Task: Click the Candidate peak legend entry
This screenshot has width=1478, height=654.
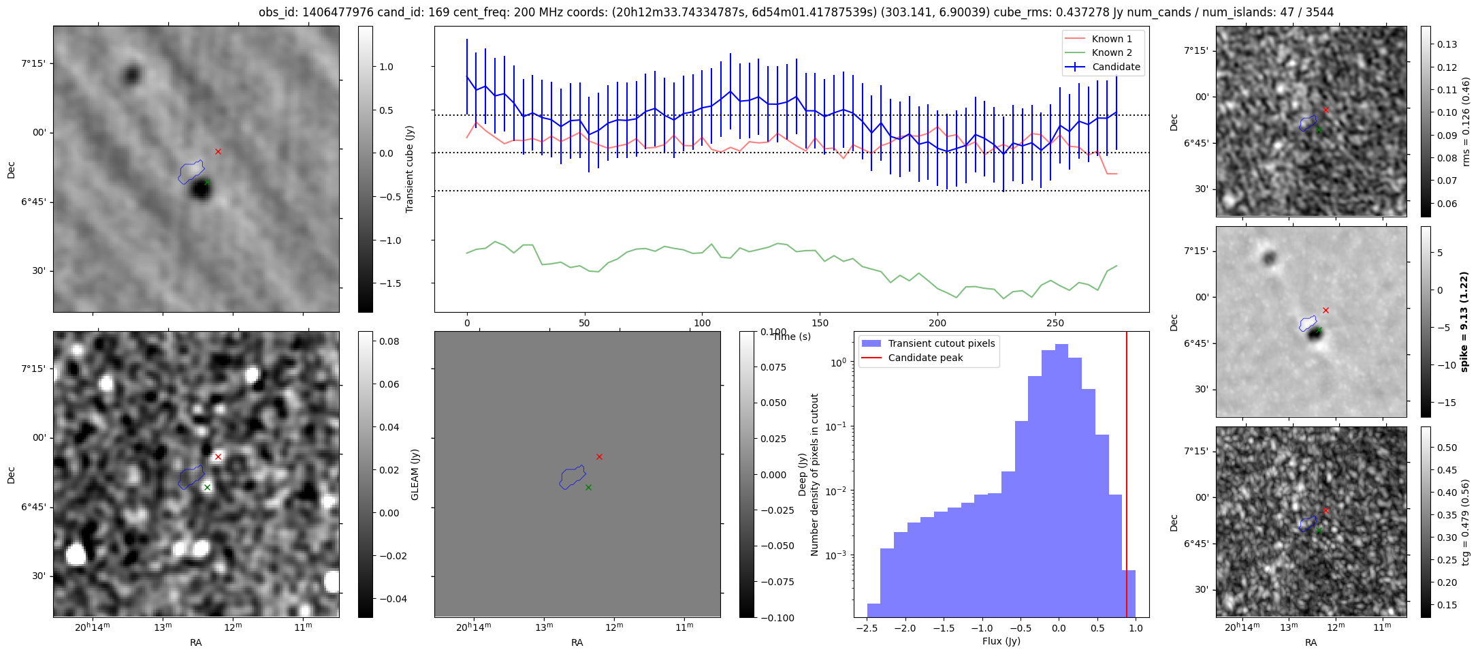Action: pyautogui.click(x=925, y=358)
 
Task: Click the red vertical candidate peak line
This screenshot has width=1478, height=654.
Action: pyautogui.click(x=1127, y=477)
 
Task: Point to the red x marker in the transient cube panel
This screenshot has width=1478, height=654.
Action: pyautogui.click(x=218, y=151)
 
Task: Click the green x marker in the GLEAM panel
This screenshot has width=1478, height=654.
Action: pyautogui.click(x=207, y=487)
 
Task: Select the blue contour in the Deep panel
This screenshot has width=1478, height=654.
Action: pyautogui.click(x=573, y=477)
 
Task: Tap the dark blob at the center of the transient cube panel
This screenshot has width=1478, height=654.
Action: pyautogui.click(x=200, y=189)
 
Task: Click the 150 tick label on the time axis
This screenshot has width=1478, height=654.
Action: pyautogui.click(x=820, y=323)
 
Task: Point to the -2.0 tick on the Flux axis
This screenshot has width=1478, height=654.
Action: pyautogui.click(x=904, y=628)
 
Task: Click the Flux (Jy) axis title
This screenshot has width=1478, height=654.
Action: pyautogui.click(x=1001, y=641)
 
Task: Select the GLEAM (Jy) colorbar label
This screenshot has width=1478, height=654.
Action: pyautogui.click(x=415, y=475)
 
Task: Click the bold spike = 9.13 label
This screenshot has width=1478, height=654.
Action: pyautogui.click(x=1464, y=322)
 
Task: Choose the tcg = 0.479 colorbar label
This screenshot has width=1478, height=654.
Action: pyautogui.click(x=1466, y=523)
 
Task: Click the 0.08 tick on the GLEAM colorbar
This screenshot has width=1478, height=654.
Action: pyautogui.click(x=389, y=341)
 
